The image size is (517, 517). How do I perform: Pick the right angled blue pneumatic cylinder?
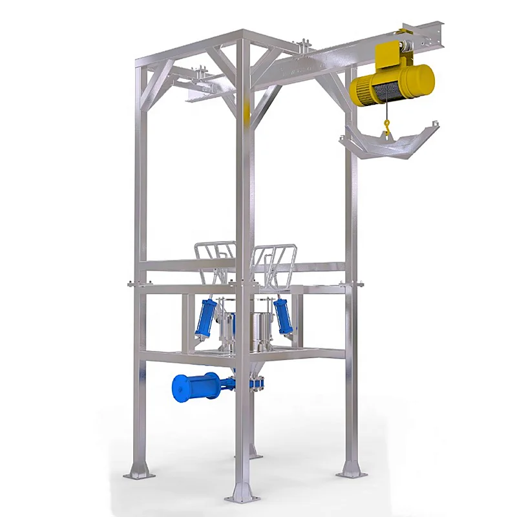click(x=282, y=315)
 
